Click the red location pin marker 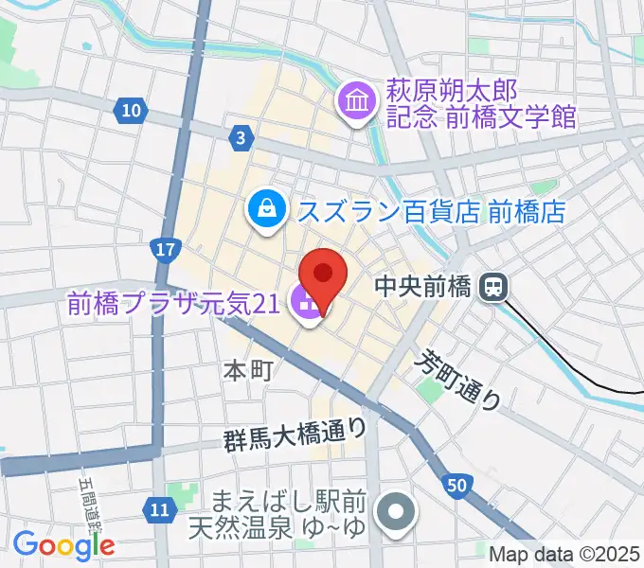[x=323, y=275]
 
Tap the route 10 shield [x=132, y=112]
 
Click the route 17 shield [x=166, y=251]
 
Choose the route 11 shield [x=161, y=512]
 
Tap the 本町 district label [x=249, y=370]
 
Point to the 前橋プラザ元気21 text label [x=172, y=304]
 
